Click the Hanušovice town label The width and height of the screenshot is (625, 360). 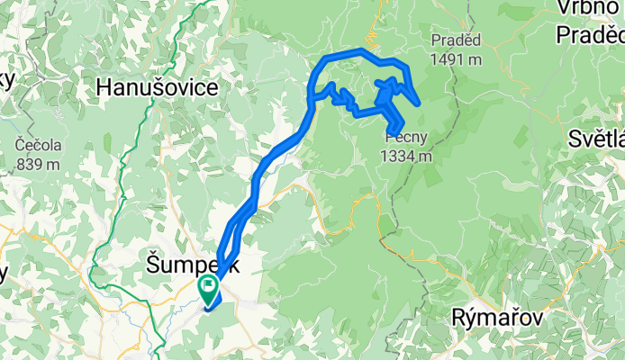tap(158, 88)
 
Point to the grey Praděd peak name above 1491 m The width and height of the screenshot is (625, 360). tap(456, 40)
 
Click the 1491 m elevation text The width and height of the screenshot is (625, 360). tap(456, 58)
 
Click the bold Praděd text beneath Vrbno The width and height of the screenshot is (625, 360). tap(590, 34)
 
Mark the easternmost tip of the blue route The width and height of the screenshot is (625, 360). tap(419, 103)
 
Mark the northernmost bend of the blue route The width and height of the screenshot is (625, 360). tap(362, 50)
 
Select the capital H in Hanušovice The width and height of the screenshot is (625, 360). tap(105, 88)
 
